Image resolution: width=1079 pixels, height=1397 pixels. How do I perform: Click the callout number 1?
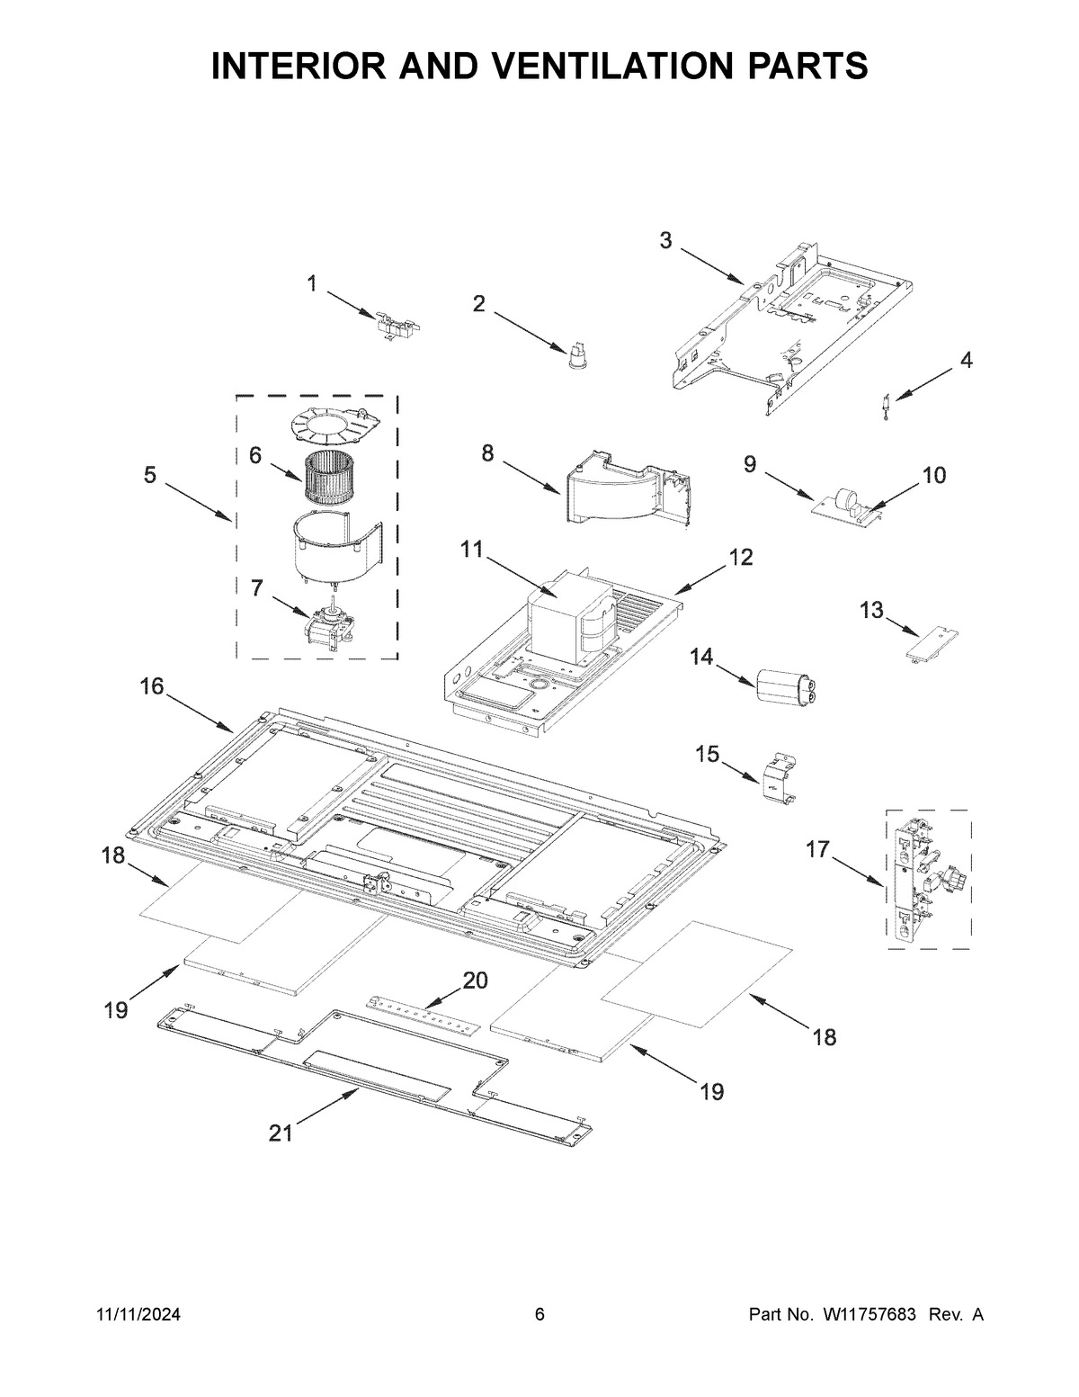(x=312, y=284)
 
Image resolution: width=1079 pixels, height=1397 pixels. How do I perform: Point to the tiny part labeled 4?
(x=885, y=407)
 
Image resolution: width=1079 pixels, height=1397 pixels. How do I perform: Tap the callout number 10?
(x=934, y=476)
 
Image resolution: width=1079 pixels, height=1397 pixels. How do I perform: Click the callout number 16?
(x=152, y=687)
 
